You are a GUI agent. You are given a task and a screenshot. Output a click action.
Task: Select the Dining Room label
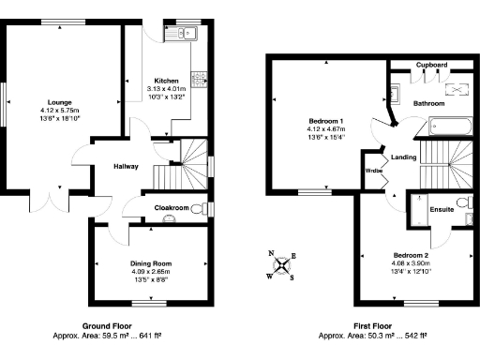pyautogui.click(x=150, y=263)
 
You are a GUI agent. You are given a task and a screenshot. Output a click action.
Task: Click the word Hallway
pyautogui.click(x=127, y=166)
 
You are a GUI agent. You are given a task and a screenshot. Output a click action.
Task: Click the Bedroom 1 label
pyautogui.click(x=326, y=121)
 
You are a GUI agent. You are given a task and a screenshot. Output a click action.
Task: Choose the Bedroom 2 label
pyautogui.click(x=411, y=256)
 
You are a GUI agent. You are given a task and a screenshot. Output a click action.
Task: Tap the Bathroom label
pyautogui.click(x=429, y=102)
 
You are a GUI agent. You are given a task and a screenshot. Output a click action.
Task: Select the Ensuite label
pyautogui.click(x=442, y=209)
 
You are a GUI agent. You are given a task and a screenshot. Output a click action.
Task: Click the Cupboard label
pyautogui.click(x=431, y=65)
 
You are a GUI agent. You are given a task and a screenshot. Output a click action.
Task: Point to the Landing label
pyautogui.click(x=404, y=157)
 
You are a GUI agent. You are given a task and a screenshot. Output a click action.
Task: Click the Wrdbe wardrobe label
pyautogui.click(x=373, y=172)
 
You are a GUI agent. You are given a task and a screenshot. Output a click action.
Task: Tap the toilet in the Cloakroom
pyautogui.click(x=198, y=210)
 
